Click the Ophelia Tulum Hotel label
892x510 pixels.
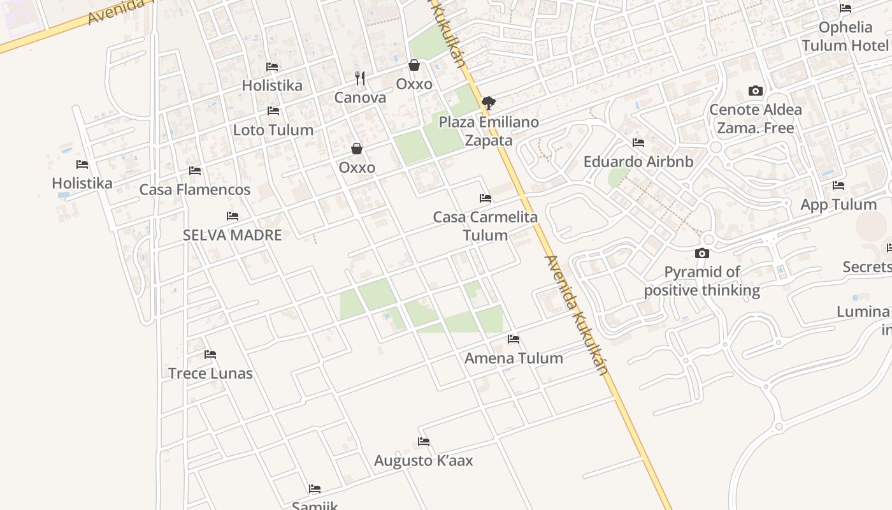click(845, 36)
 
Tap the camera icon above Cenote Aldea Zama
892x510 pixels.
click(756, 91)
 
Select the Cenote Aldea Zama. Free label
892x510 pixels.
click(756, 119)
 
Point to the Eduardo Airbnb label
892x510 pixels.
click(638, 161)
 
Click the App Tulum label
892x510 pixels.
click(838, 205)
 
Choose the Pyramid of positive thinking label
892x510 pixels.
click(702, 281)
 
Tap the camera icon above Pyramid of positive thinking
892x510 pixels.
click(702, 253)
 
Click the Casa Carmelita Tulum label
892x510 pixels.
click(486, 226)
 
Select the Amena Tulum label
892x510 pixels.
click(514, 358)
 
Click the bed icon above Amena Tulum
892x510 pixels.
click(514, 339)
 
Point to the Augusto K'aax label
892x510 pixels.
click(424, 460)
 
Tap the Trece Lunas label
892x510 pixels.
click(210, 373)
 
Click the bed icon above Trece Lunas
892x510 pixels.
click(210, 354)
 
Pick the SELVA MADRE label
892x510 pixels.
click(233, 235)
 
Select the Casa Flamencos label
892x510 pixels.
click(195, 189)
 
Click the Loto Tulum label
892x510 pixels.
click(273, 130)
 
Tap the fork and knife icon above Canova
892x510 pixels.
click(360, 78)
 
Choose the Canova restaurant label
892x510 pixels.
click(360, 98)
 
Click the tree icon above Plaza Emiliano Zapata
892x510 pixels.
click(489, 103)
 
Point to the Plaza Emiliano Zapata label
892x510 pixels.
click(489, 131)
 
